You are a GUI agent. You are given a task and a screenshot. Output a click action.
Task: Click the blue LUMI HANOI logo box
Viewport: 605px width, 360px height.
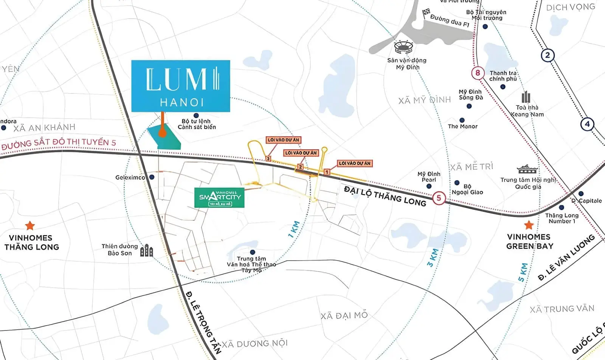[181, 86]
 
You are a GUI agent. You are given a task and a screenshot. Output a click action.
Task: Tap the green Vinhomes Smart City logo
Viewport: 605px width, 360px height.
[219, 197]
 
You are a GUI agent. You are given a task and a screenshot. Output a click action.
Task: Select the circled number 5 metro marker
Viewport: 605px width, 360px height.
[439, 198]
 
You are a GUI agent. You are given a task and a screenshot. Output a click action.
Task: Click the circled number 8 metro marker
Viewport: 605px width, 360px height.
[478, 73]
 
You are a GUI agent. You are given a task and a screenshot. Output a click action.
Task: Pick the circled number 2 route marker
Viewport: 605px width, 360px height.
[547, 56]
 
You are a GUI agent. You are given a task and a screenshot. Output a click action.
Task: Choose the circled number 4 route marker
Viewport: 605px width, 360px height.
[587, 124]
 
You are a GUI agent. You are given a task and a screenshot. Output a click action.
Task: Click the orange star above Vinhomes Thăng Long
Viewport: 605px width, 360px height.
[30, 226]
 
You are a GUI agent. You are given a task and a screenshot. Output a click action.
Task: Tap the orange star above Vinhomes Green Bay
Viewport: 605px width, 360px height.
[529, 225]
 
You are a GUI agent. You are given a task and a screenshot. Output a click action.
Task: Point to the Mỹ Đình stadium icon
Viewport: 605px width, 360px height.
[403, 48]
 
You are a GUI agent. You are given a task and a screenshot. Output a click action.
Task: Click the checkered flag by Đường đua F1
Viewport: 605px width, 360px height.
[427, 13]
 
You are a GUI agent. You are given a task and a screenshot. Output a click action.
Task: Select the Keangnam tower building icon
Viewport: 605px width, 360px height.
[526, 97]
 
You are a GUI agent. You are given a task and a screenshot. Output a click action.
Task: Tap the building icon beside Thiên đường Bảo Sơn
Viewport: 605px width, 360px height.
[146, 250]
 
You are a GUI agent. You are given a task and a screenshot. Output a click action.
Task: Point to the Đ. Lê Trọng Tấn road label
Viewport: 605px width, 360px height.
[203, 321]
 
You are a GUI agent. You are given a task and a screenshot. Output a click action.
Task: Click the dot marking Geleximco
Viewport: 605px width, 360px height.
[152, 177]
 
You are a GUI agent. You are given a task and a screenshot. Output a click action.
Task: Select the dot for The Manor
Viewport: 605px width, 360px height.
[462, 120]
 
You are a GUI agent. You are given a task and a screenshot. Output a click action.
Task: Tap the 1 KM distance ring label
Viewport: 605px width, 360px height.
[294, 229]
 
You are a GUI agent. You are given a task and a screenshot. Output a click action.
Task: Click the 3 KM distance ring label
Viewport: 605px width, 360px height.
[433, 258]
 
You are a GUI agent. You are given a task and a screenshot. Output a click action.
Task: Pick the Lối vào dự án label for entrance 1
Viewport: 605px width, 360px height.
[355, 163]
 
